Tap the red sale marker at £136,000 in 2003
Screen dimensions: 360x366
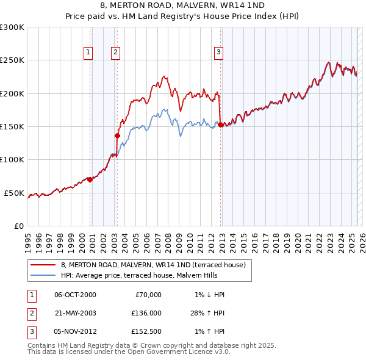point(117,135)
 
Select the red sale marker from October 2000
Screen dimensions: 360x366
point(90,179)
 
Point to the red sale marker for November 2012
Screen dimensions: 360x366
point(220,124)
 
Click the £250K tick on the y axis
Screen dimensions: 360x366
point(12,60)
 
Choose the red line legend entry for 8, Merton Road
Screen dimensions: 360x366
point(152,265)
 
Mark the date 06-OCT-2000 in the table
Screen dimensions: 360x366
point(75,295)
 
